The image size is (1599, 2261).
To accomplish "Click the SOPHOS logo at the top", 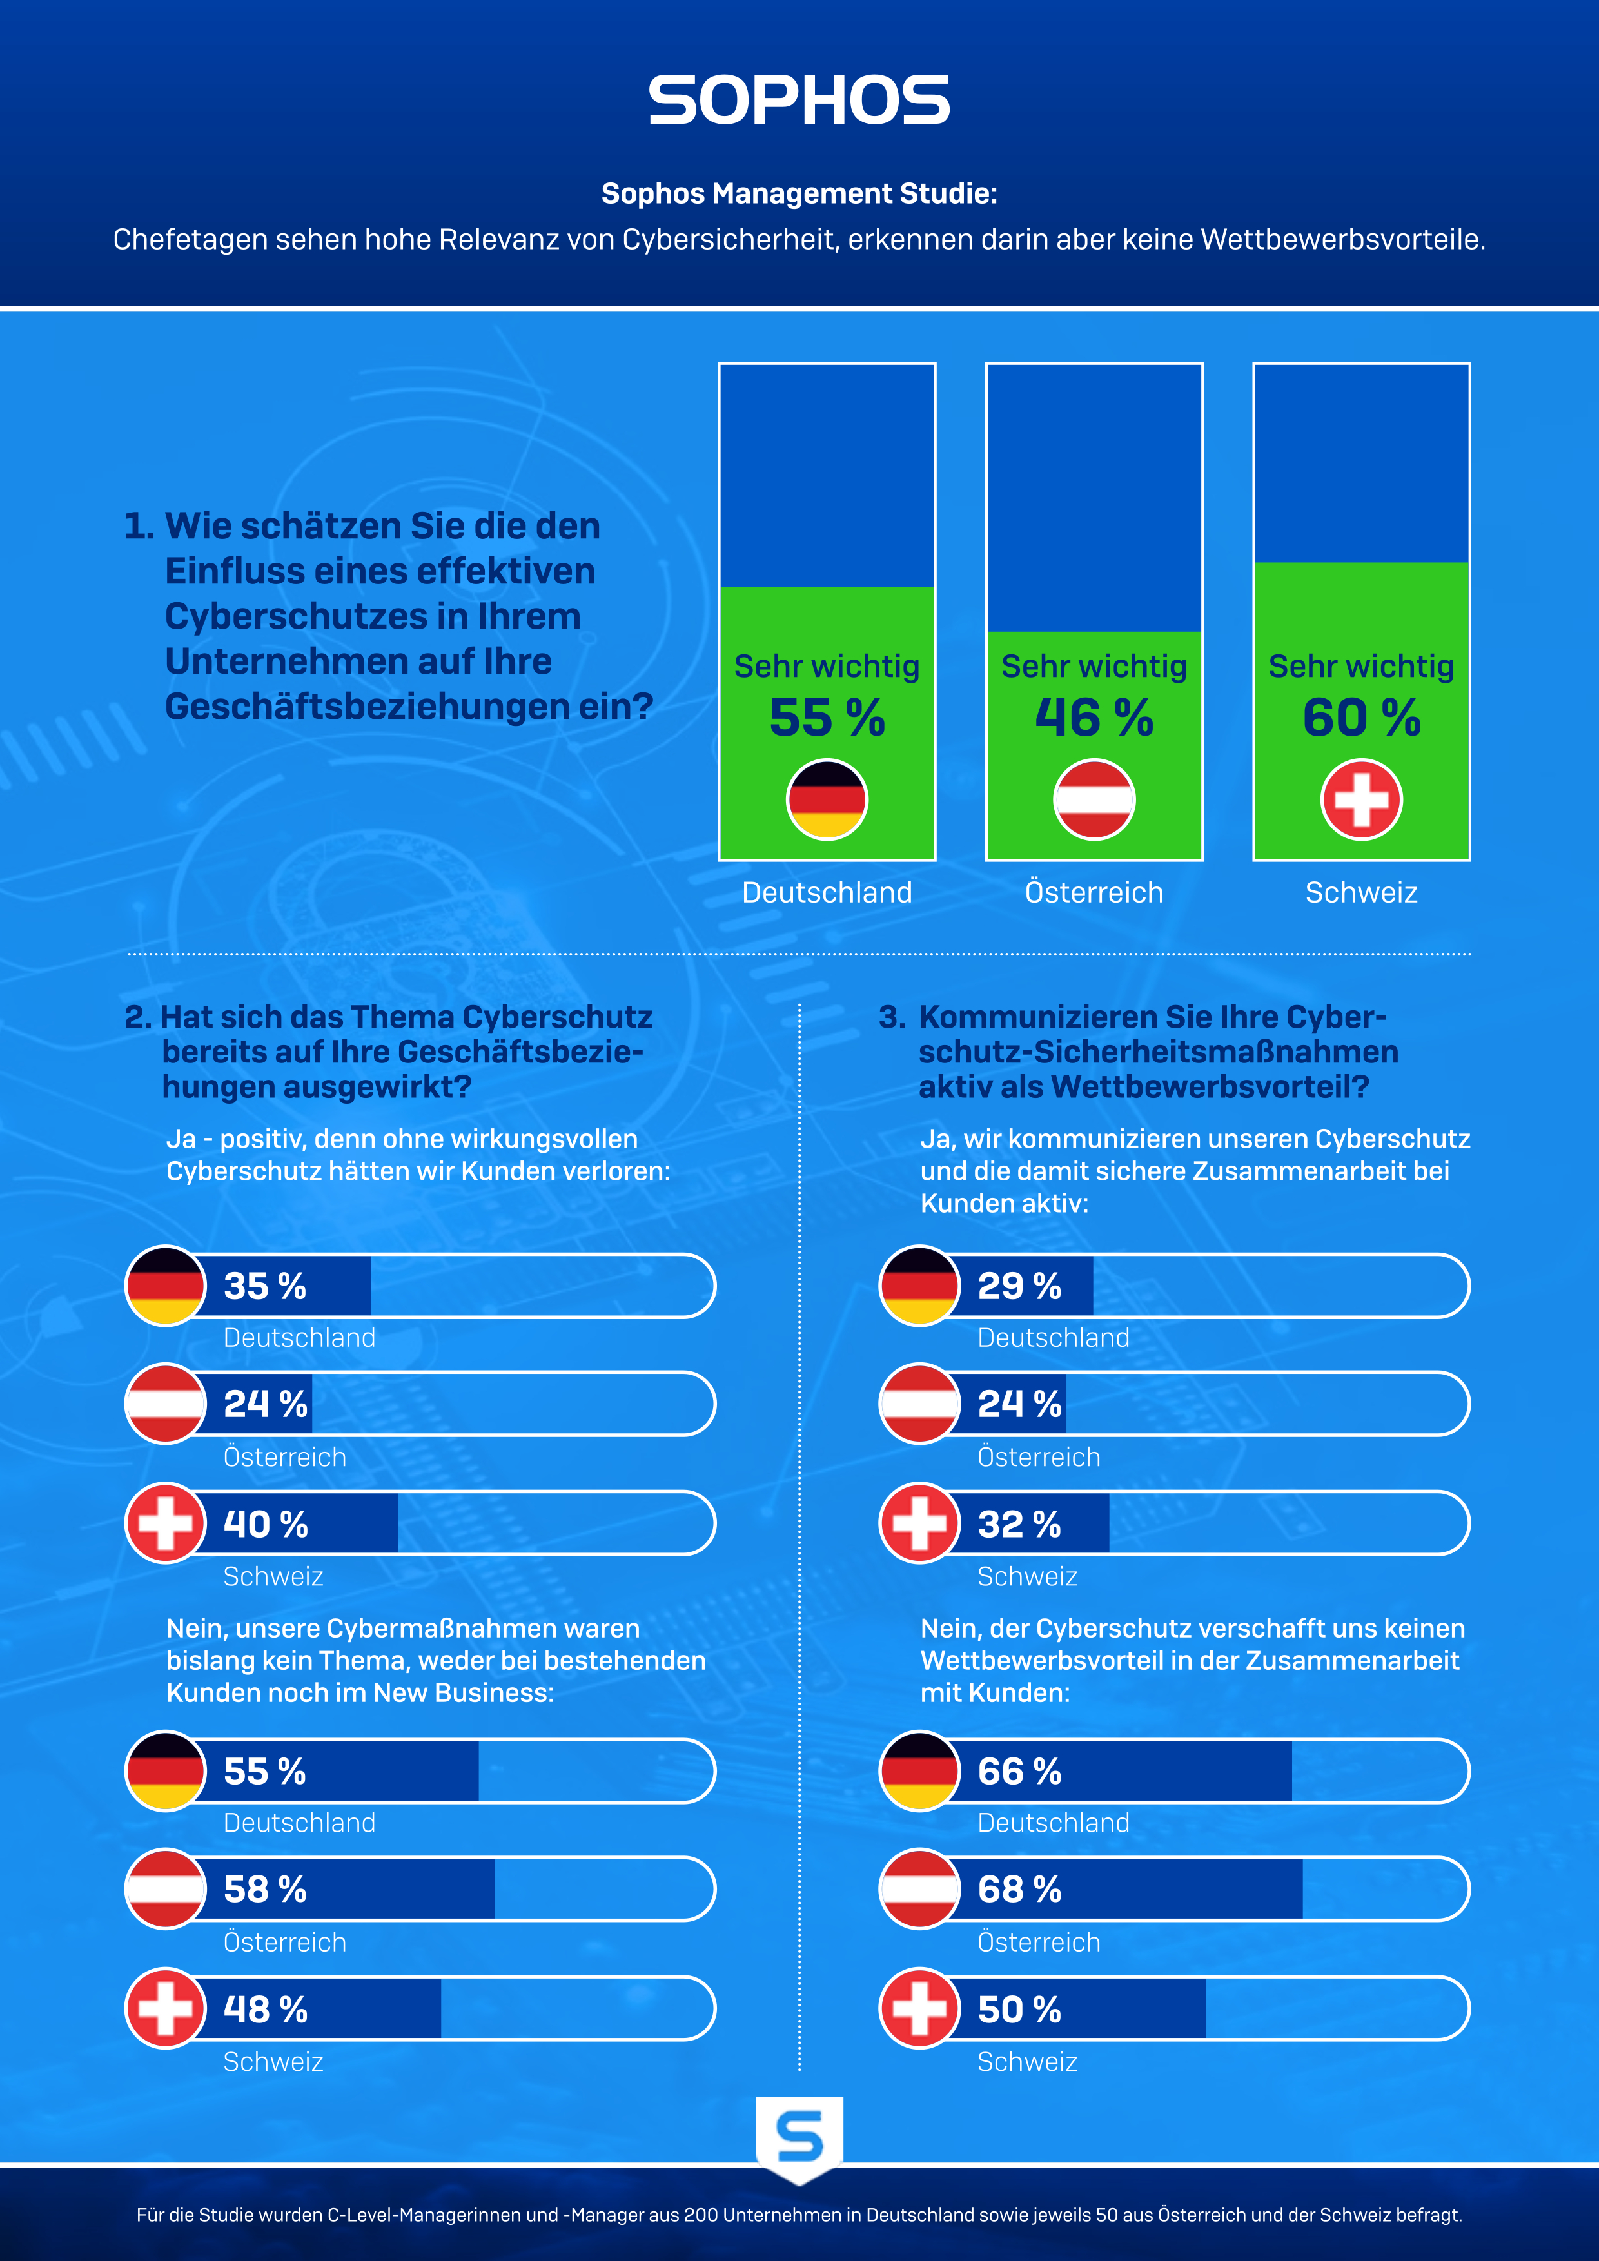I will click(x=798, y=101).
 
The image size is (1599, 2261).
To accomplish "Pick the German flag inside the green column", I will click(x=827, y=799).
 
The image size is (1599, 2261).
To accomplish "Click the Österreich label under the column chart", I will click(x=1094, y=892).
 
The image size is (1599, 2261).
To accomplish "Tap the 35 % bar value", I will click(x=265, y=1286).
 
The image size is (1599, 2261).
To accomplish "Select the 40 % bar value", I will click(x=266, y=1524).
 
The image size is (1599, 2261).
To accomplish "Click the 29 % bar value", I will click(x=1019, y=1286).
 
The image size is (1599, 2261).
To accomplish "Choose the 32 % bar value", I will click(x=1019, y=1524).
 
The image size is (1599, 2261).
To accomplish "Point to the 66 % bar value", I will click(x=1019, y=1772).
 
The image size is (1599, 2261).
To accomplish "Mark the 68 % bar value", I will click(x=1019, y=1890).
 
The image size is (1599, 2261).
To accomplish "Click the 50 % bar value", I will click(x=1019, y=2010).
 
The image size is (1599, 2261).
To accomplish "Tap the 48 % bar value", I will click(x=266, y=2010).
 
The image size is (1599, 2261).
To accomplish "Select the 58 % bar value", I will click(x=265, y=1890).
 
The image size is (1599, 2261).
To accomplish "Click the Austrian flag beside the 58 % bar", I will click(x=166, y=1889).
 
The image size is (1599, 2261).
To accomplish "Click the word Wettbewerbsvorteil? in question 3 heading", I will click(x=1210, y=1087).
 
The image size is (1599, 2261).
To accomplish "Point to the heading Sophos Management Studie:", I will click(x=798, y=193).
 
